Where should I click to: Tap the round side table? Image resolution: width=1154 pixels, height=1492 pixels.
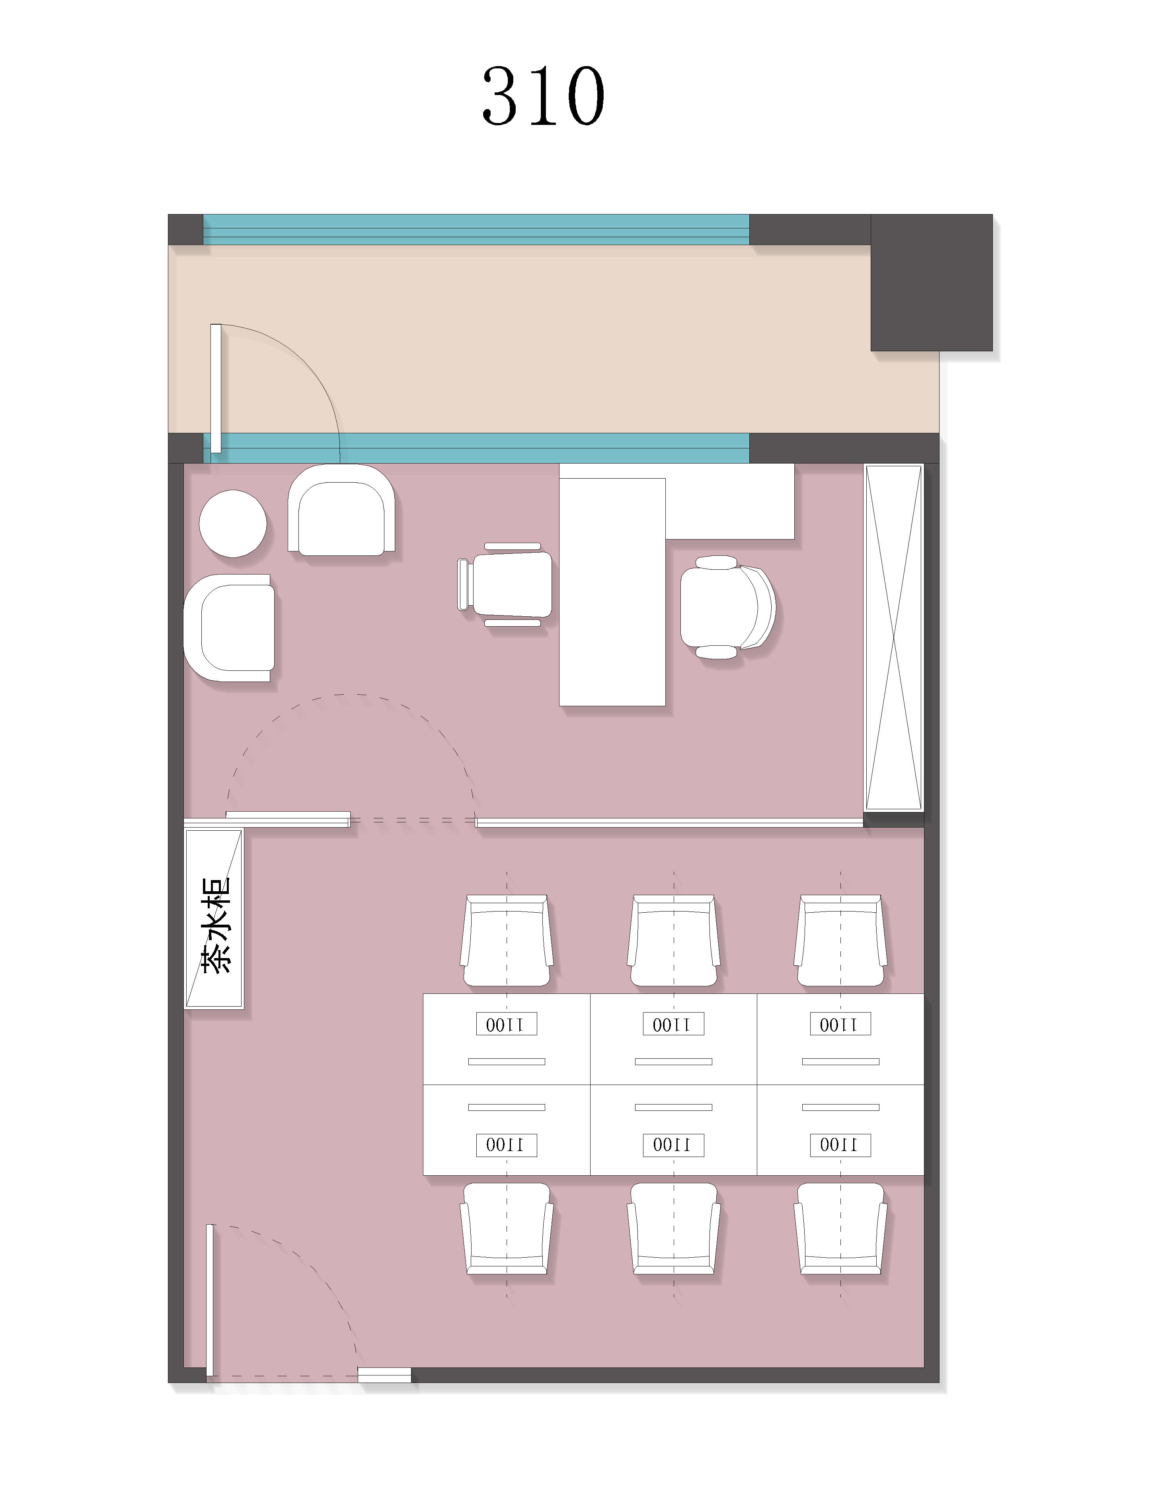click(x=232, y=523)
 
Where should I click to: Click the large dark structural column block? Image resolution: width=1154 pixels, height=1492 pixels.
click(x=931, y=282)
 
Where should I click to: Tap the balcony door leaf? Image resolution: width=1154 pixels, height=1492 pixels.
click(x=216, y=388)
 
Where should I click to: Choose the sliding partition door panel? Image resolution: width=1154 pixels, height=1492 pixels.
click(x=288, y=819)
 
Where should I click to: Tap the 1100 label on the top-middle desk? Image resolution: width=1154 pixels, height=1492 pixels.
click(x=673, y=1024)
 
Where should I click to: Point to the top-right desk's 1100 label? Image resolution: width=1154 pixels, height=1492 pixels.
click(x=840, y=1024)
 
